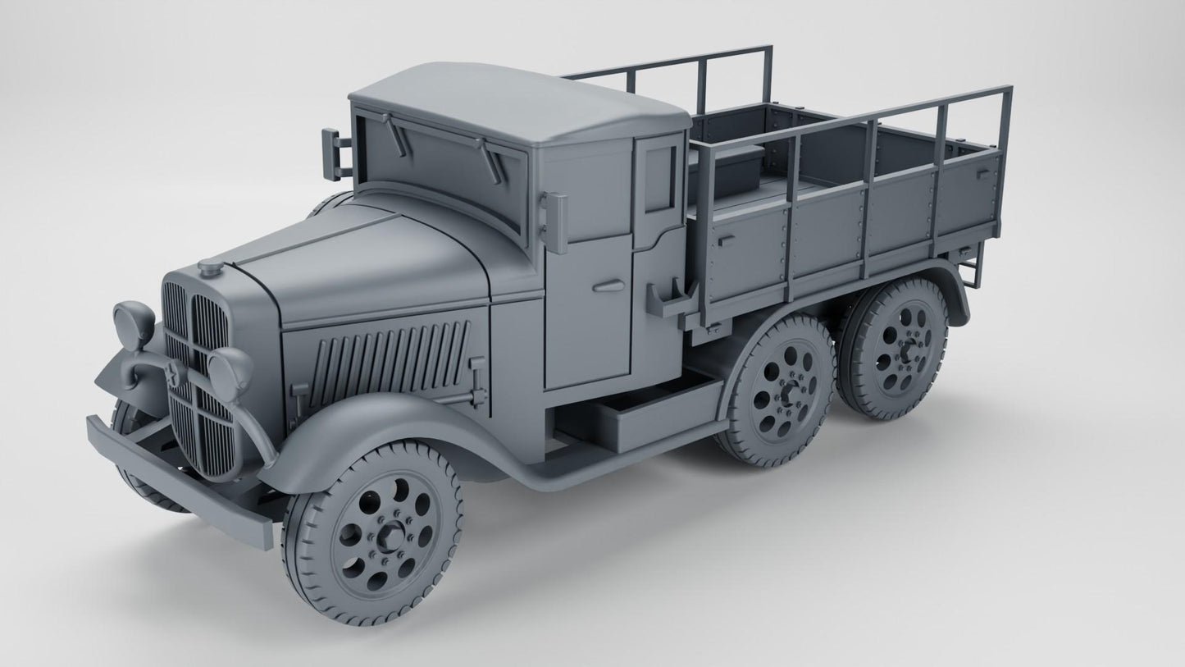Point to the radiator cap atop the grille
(210, 267)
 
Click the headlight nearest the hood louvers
(229, 368)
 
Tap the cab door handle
(608, 286)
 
